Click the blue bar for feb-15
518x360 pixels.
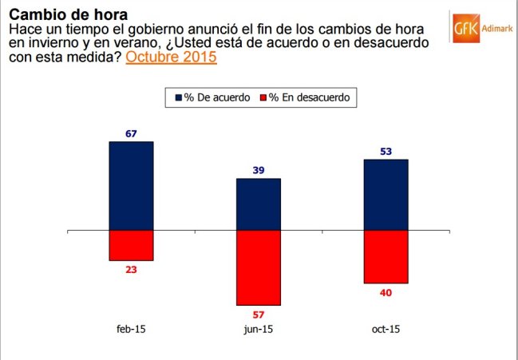pyautogui.click(x=131, y=185)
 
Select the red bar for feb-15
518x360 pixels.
pyautogui.click(x=131, y=245)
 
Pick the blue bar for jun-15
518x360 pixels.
pyautogui.click(x=259, y=204)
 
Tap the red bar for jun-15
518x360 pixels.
pyautogui.click(x=259, y=267)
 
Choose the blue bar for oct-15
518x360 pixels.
pyautogui.click(x=386, y=195)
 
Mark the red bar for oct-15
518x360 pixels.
pyautogui.click(x=386, y=256)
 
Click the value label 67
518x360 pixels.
pyautogui.click(x=131, y=133)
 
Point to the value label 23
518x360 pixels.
pyautogui.click(x=131, y=270)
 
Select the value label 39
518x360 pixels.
pyautogui.click(x=259, y=170)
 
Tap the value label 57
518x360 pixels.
pyautogui.click(x=259, y=315)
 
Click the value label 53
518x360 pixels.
pyautogui.click(x=386, y=152)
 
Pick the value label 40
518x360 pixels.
pyautogui.click(x=386, y=292)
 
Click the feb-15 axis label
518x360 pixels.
pyautogui.click(x=131, y=328)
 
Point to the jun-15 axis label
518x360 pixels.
pyautogui.click(x=259, y=328)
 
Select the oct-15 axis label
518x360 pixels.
pyautogui.click(x=386, y=328)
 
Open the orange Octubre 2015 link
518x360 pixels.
pyautogui.click(x=171, y=57)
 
